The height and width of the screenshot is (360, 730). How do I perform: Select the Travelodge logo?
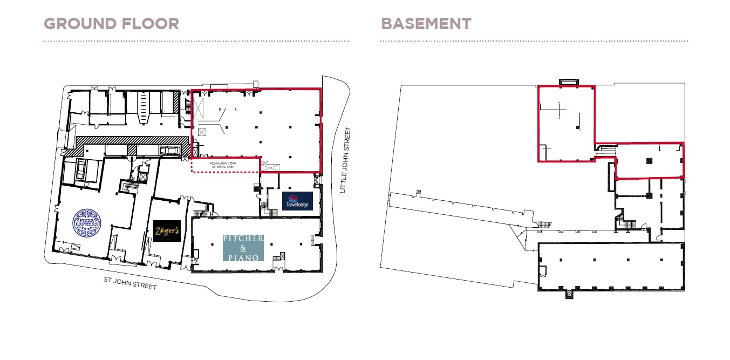[x=297, y=201]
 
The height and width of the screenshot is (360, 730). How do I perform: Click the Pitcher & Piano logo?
[x=243, y=248]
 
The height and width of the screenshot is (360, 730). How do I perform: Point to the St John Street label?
[x=130, y=283]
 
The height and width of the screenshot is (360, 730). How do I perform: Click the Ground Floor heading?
[x=111, y=24]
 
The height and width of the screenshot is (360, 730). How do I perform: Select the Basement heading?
[x=426, y=24]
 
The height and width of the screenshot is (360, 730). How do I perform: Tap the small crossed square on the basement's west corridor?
[x=419, y=192]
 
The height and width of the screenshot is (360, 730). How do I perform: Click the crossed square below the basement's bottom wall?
[x=568, y=295]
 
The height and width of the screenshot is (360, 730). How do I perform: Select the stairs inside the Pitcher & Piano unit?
[x=278, y=258]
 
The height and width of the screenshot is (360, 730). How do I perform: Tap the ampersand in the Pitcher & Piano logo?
[x=243, y=248]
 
